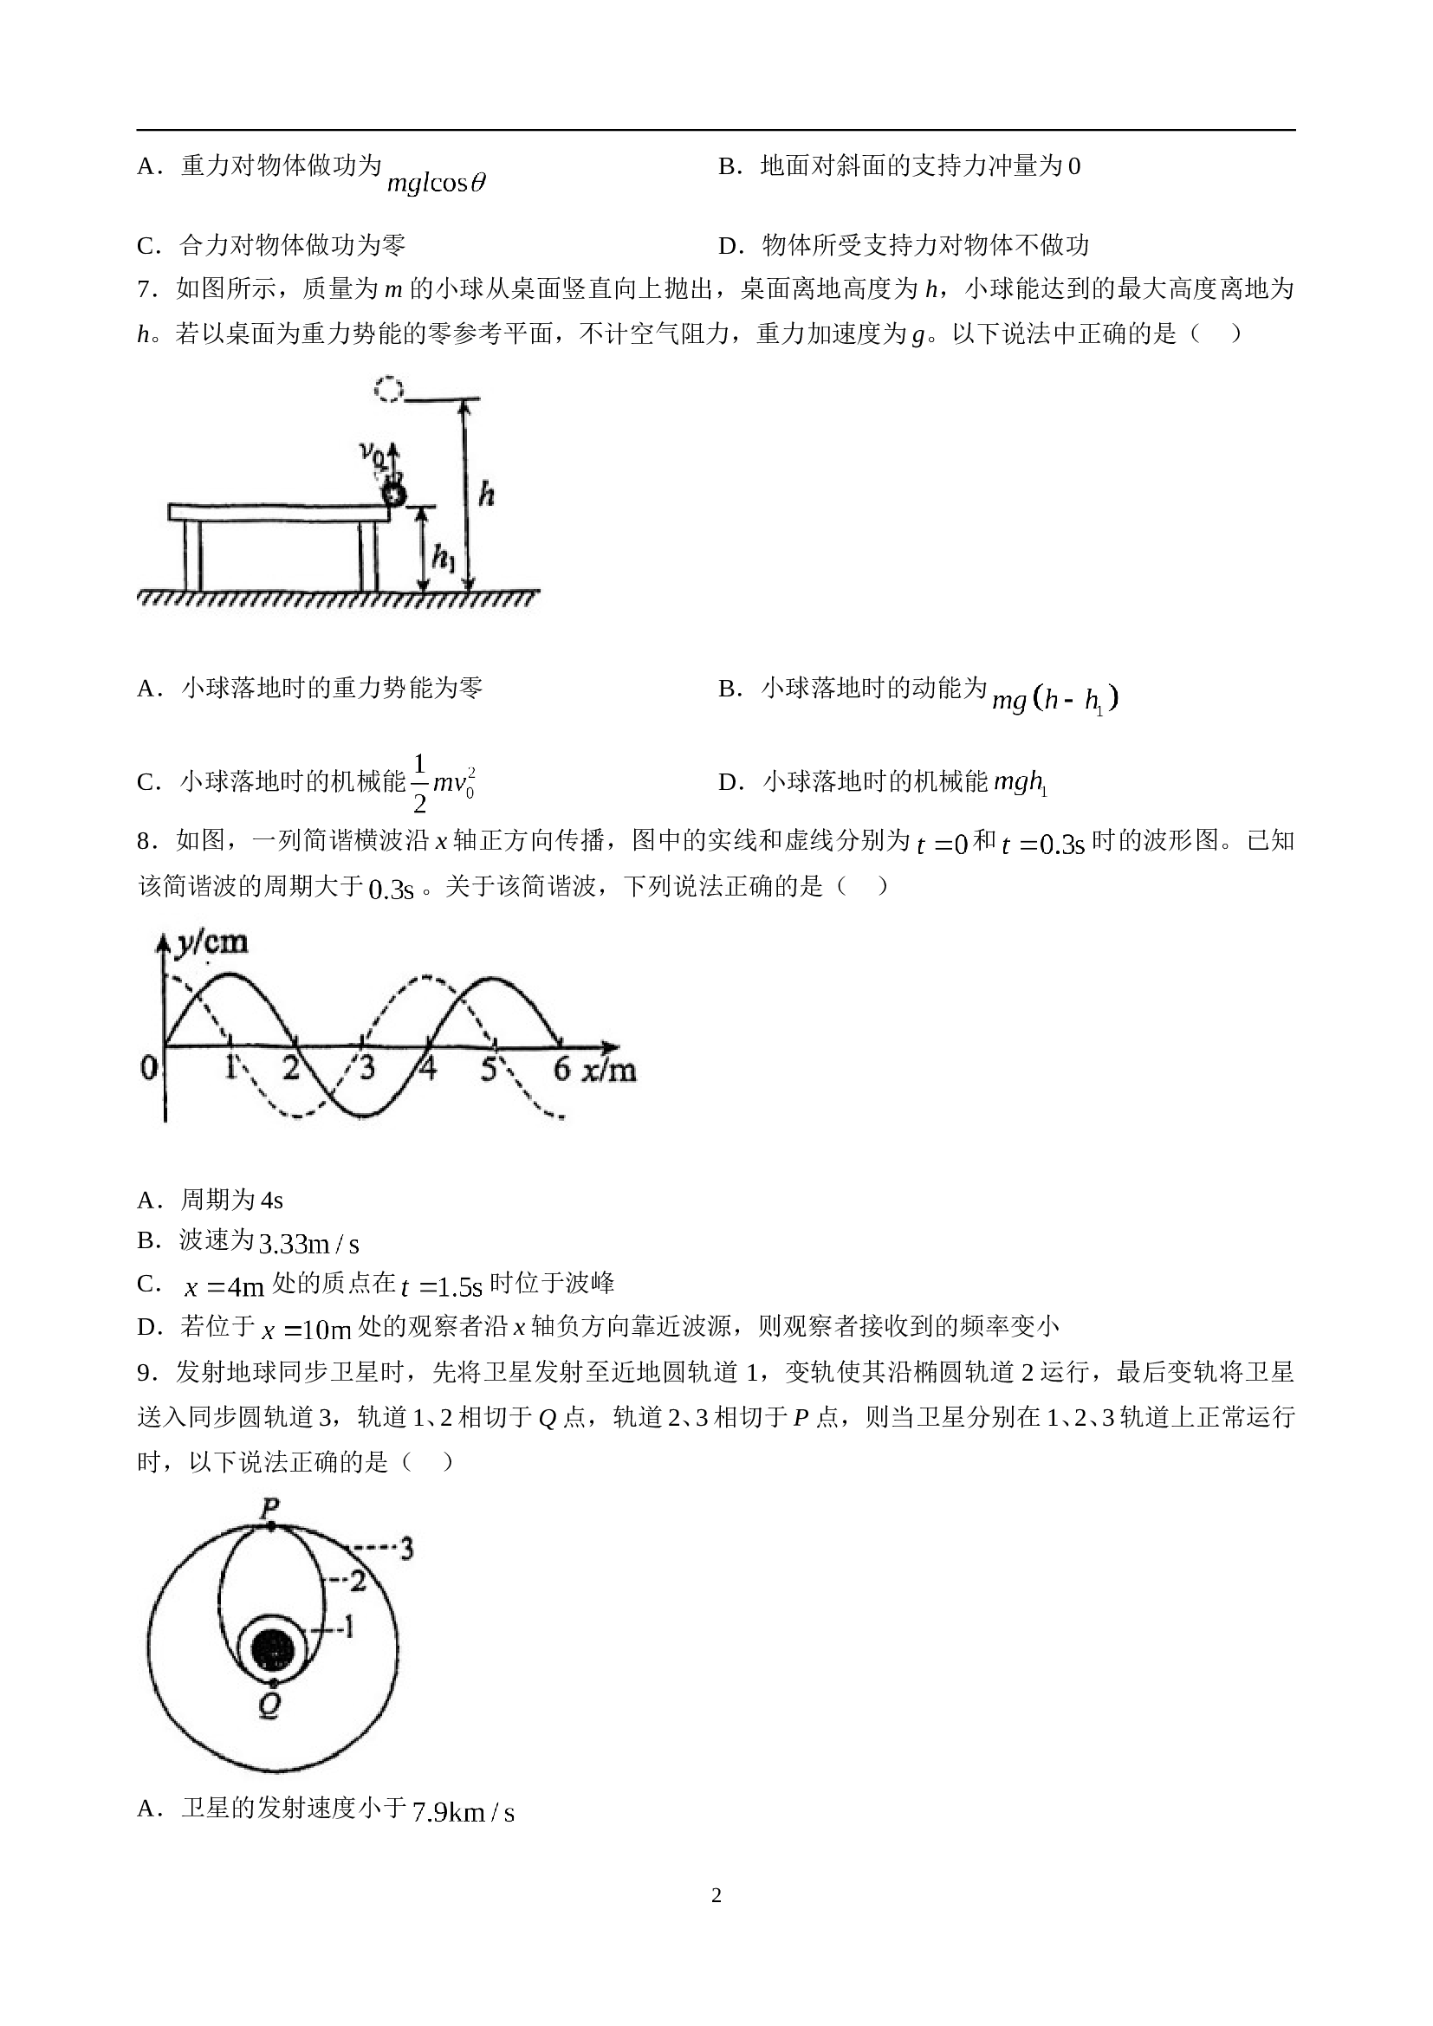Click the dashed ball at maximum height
(388, 389)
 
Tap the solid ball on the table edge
(392, 495)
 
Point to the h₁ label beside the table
(443, 556)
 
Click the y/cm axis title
(211, 942)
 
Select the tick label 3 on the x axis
(366, 1067)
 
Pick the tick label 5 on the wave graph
(489, 1068)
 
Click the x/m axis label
(609, 1069)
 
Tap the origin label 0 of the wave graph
(148, 1068)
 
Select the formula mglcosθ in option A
(437, 183)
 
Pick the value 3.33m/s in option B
(308, 1243)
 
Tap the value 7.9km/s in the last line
(464, 1811)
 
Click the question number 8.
(146, 841)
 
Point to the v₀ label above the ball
(372, 451)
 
